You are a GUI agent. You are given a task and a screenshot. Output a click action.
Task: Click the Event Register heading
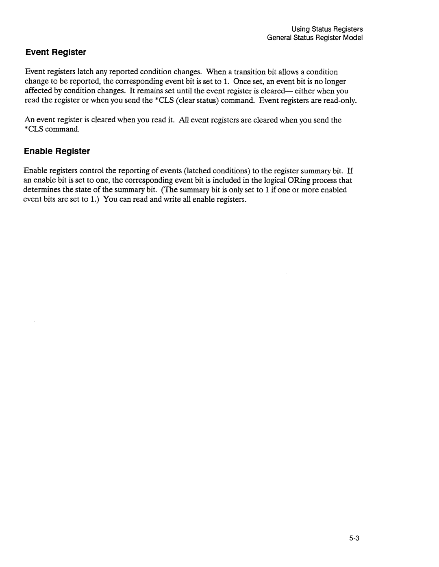pos(56,52)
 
